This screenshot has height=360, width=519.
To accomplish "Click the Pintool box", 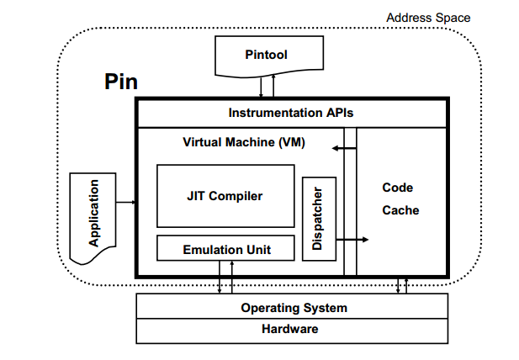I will [x=265, y=55].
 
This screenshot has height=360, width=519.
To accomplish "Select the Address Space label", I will [x=428, y=18].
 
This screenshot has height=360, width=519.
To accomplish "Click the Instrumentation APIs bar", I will [x=291, y=113].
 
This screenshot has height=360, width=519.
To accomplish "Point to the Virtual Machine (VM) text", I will [x=243, y=142].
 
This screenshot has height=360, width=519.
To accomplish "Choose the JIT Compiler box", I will [x=225, y=196].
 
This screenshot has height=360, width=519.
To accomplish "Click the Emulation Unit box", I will [x=225, y=250].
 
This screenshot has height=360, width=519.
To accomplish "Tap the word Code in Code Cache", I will [x=397, y=188].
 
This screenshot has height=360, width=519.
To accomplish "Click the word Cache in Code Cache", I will [x=400, y=210].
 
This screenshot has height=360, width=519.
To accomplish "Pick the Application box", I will [x=93, y=214].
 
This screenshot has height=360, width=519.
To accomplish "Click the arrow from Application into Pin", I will [x=126, y=203].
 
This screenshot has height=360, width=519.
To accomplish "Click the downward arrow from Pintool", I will [x=262, y=86].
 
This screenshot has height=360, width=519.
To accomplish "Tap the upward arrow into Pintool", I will [x=271, y=86].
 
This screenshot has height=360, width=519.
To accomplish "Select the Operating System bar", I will [x=294, y=308].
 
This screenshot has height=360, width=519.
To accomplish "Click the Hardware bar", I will [x=294, y=330].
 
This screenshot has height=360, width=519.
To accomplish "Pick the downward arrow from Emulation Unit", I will [x=220, y=278].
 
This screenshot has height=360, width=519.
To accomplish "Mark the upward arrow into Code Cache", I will [x=406, y=285].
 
